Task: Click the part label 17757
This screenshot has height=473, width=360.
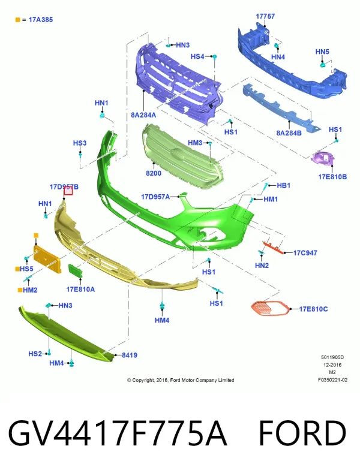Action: [x=265, y=16]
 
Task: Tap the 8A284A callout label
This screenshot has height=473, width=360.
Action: [x=143, y=115]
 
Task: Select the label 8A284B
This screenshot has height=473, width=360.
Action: [x=289, y=132]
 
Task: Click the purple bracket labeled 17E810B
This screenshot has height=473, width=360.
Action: [x=323, y=158]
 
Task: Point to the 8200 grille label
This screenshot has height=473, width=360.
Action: [x=154, y=173]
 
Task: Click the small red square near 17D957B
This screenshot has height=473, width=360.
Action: [x=68, y=191]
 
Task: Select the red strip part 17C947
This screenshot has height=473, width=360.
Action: [x=273, y=247]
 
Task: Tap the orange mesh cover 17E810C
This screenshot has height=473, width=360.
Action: [x=269, y=308]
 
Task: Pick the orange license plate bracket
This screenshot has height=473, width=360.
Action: [x=47, y=259]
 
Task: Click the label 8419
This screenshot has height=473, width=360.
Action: [x=130, y=355]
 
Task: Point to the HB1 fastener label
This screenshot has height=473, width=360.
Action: [x=283, y=185]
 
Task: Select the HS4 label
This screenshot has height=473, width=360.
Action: [x=197, y=56]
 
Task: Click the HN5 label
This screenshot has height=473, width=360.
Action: [x=322, y=52]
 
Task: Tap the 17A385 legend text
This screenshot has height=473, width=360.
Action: [x=41, y=20]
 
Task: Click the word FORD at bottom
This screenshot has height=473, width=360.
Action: [x=302, y=433]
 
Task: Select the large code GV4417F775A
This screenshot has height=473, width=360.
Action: [x=118, y=433]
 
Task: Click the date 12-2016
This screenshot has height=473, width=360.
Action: [x=332, y=365]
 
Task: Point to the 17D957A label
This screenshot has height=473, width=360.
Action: [x=155, y=197]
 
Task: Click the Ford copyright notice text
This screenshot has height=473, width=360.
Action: [x=181, y=380]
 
